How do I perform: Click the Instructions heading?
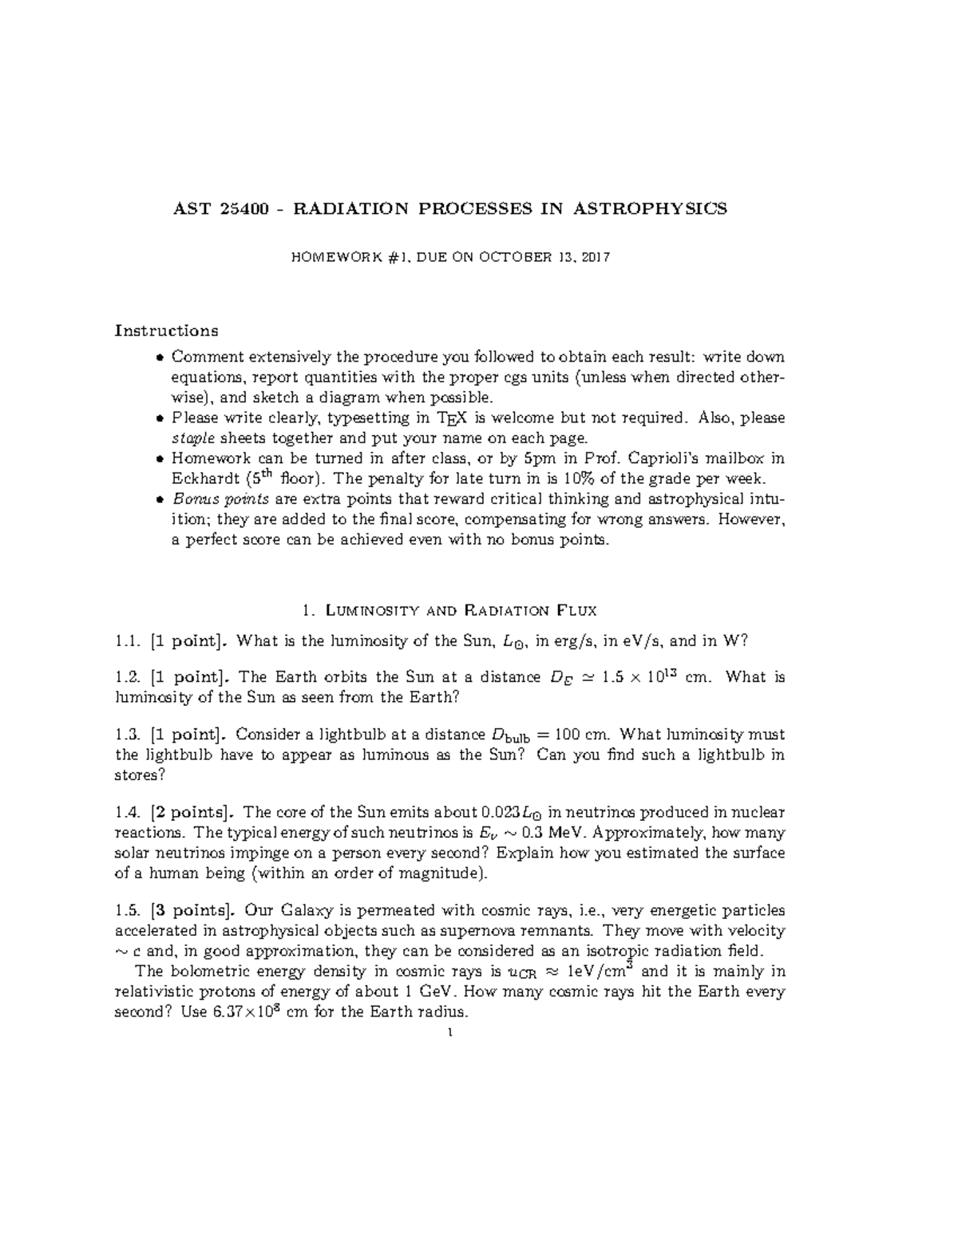click(167, 331)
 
